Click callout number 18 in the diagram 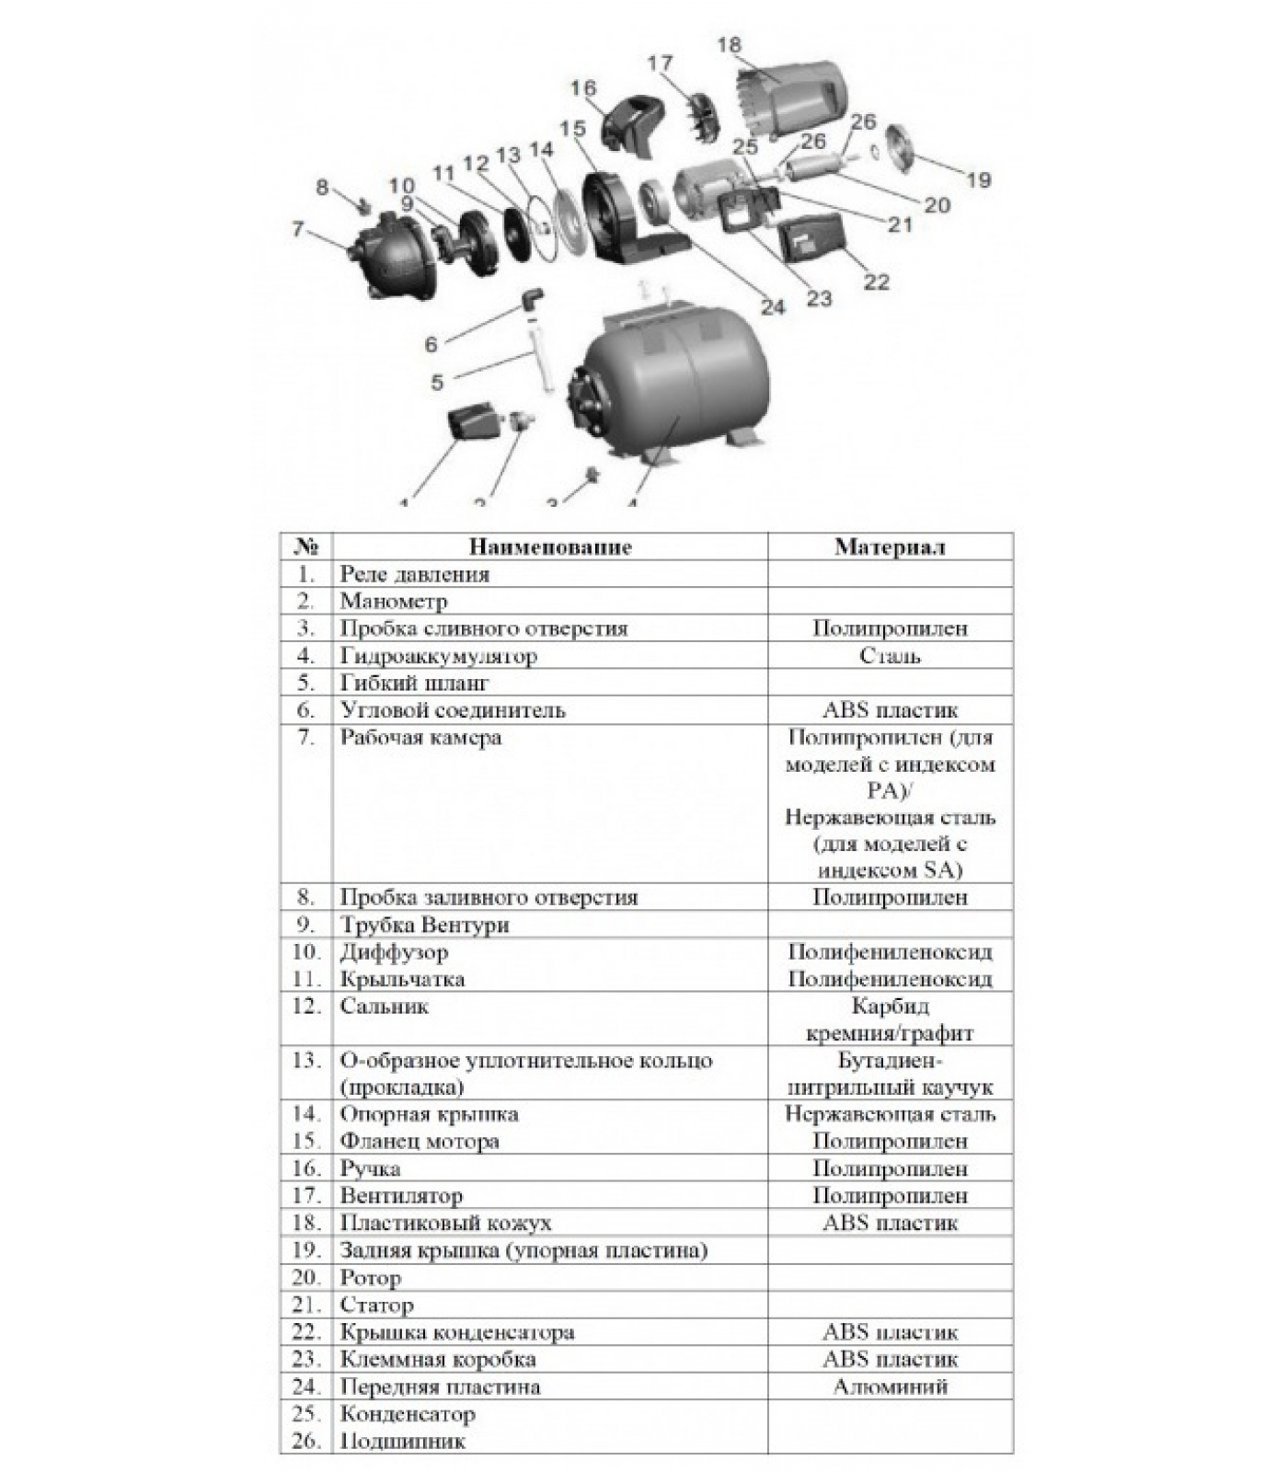coord(729,45)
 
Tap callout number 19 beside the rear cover coord(979,180)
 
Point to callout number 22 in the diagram coord(877,282)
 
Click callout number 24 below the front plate coord(773,306)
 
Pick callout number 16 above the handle coord(583,88)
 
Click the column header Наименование coord(550,547)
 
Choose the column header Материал coord(890,547)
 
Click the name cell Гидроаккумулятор coord(439,656)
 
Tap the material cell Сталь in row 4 coord(890,656)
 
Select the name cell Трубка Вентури coord(424,925)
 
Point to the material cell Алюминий coord(890,1386)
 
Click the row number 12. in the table coord(305,1006)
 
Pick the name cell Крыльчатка coord(402,979)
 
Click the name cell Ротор coord(371,1278)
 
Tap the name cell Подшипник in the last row coord(402,1441)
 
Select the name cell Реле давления coord(415,574)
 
